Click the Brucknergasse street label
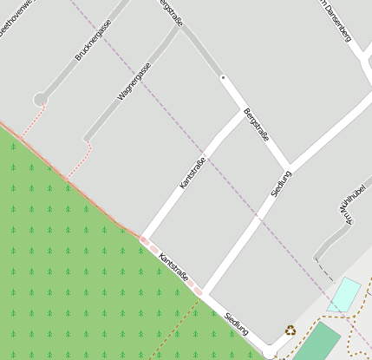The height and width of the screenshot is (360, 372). (x=93, y=41)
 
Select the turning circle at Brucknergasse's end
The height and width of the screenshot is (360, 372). (x=41, y=100)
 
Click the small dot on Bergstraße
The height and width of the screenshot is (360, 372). (x=223, y=78)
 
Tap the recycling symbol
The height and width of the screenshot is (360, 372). (x=290, y=330)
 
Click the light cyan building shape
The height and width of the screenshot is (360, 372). (x=344, y=295)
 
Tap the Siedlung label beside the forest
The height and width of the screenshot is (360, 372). (x=236, y=324)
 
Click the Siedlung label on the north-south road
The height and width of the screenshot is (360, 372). (x=281, y=183)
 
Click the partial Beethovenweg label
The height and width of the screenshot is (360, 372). (x=19, y=12)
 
